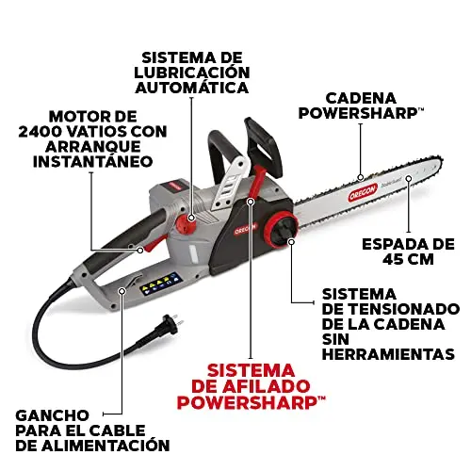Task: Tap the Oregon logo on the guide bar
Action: click(363, 192)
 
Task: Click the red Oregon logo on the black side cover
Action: click(245, 229)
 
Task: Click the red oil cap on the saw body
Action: click(186, 223)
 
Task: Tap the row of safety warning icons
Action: click(159, 284)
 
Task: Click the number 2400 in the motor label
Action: click(41, 132)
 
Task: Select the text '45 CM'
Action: click(408, 259)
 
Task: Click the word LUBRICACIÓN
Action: click(192, 73)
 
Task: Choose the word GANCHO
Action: click(52, 415)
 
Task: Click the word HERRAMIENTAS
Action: click(388, 354)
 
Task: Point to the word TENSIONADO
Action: click(403, 309)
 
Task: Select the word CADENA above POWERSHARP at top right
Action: click(361, 98)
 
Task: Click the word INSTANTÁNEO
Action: click(93, 162)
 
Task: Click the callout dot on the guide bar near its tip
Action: click(409, 178)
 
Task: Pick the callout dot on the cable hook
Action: click(122, 291)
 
